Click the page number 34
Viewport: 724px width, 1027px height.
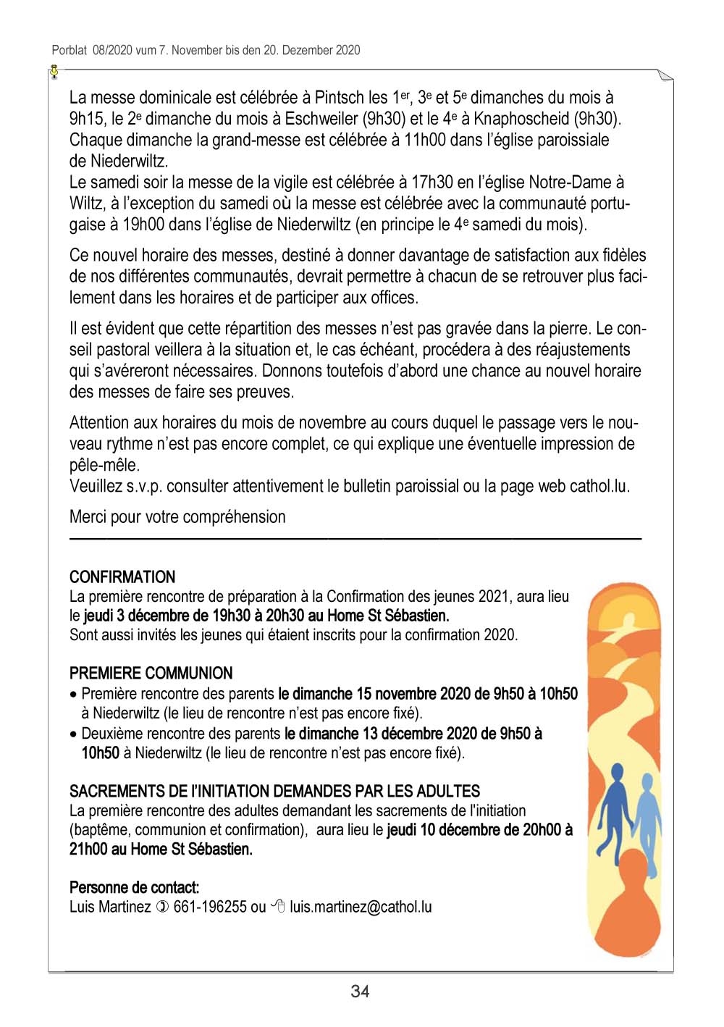tap(360, 992)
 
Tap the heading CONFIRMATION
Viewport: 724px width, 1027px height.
tap(122, 577)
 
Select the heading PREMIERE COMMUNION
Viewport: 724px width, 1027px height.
tap(151, 673)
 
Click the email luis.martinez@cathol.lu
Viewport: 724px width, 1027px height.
tap(361, 907)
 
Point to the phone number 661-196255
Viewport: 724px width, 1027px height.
tap(210, 907)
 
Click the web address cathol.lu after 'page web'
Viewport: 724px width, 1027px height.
tap(599, 486)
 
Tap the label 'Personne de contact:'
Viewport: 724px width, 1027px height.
tap(135, 887)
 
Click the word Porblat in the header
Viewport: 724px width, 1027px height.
tap(70, 50)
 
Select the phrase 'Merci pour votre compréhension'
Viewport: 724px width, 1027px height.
tap(177, 517)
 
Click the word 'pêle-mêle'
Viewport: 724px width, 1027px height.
tap(104, 465)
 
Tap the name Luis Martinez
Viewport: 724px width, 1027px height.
tap(110, 907)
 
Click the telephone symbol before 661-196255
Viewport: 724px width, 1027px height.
tap(162, 907)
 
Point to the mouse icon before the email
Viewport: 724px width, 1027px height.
tap(278, 906)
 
